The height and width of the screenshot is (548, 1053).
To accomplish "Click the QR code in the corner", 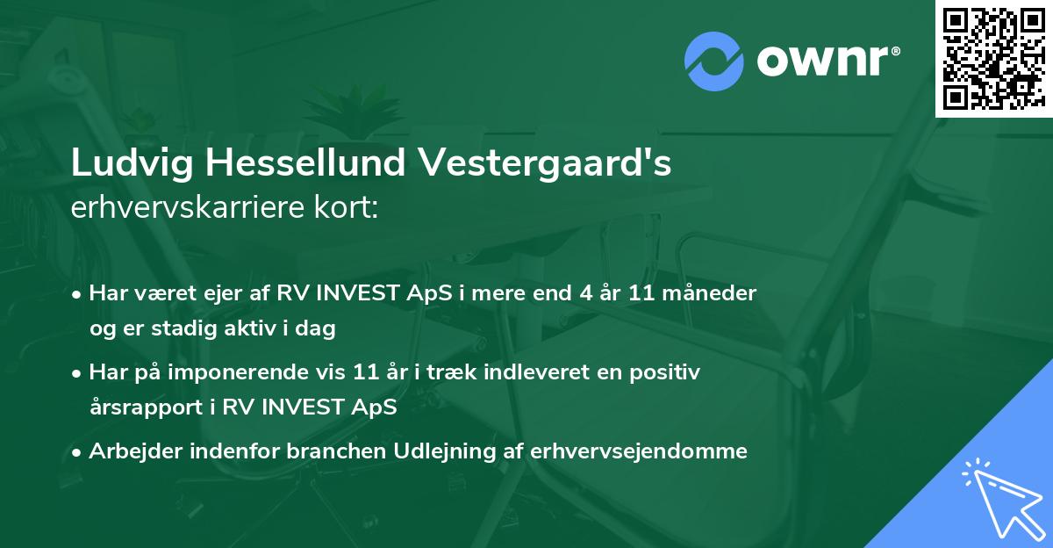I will tap(993, 58).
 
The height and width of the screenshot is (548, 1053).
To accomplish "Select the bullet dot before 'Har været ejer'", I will tap(78, 294).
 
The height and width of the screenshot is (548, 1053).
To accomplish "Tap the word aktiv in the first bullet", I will tap(243, 329).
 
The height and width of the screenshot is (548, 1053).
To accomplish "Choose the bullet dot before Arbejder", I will tap(78, 452).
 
